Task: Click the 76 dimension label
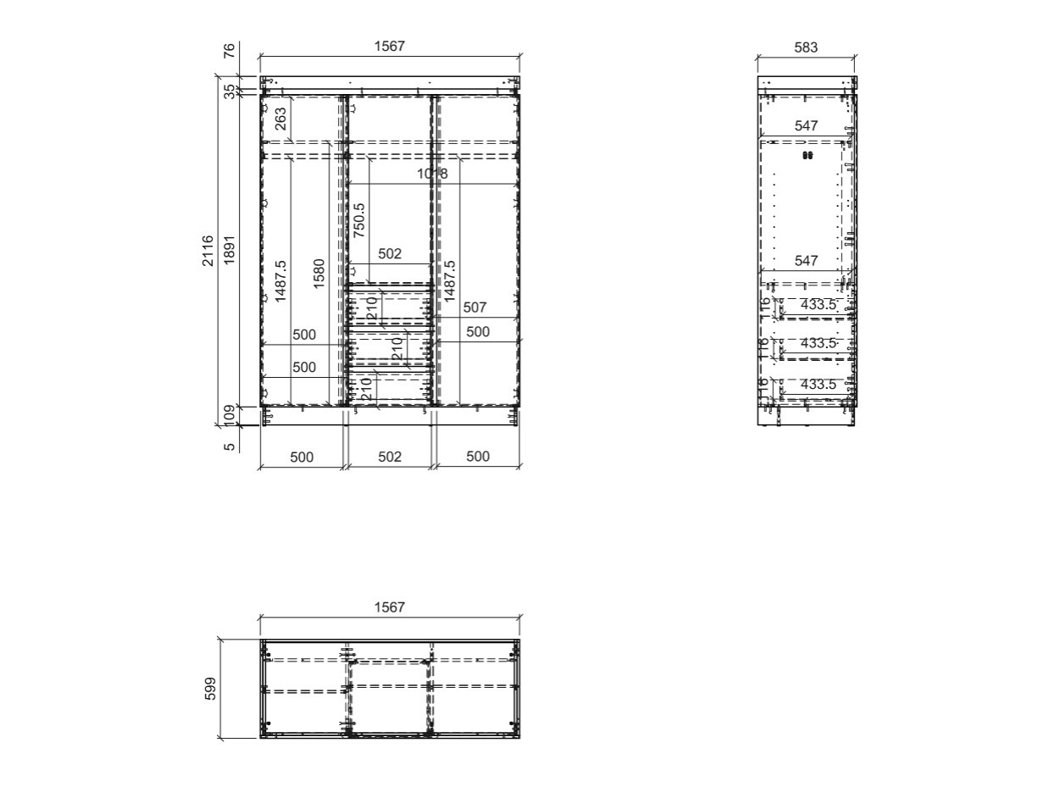pyautogui.click(x=229, y=51)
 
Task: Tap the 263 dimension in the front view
pyautogui.click(x=280, y=118)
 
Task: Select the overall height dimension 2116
pyautogui.click(x=208, y=251)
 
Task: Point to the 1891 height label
pyautogui.click(x=229, y=251)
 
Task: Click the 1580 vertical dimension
pyautogui.click(x=319, y=274)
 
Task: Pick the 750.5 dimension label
pyautogui.click(x=359, y=219)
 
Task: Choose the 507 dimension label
pyautogui.click(x=475, y=308)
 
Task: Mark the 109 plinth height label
pyautogui.click(x=229, y=415)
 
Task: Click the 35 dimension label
pyautogui.click(x=229, y=91)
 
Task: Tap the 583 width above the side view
pyautogui.click(x=806, y=47)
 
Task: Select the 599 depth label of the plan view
pyautogui.click(x=211, y=689)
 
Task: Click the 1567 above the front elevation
pyautogui.click(x=390, y=47)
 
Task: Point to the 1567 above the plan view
pyautogui.click(x=390, y=607)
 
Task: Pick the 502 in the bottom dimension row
pyautogui.click(x=390, y=457)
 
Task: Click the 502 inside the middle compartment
pyautogui.click(x=390, y=253)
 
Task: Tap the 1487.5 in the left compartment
pyautogui.click(x=280, y=281)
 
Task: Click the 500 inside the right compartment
pyautogui.click(x=478, y=332)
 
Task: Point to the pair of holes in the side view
pyautogui.click(x=807, y=156)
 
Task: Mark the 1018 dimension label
pyautogui.click(x=432, y=175)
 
